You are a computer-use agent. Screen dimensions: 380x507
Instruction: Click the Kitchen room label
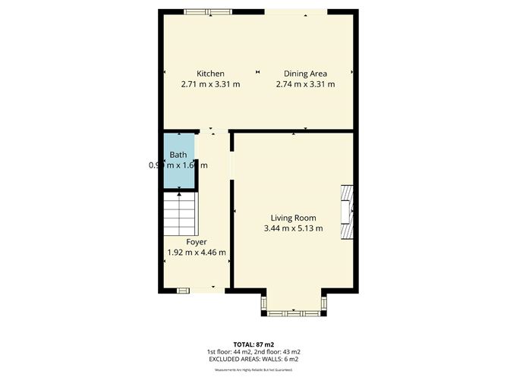(210, 73)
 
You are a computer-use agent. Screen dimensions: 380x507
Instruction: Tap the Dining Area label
(305, 73)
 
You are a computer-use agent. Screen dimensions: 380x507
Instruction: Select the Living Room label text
(293, 218)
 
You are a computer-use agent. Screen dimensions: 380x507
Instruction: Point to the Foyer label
(197, 242)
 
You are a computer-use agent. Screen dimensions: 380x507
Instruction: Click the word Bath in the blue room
(178, 155)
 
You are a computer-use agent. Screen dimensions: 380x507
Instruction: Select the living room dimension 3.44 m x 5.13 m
(293, 228)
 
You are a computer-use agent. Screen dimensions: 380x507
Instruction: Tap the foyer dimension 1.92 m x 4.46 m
(197, 253)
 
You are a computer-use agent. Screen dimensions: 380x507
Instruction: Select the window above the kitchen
(207, 11)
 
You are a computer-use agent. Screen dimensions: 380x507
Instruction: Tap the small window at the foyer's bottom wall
(182, 290)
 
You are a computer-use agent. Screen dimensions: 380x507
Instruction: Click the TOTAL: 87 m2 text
(253, 344)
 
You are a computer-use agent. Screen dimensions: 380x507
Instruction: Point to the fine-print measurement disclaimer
(253, 369)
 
